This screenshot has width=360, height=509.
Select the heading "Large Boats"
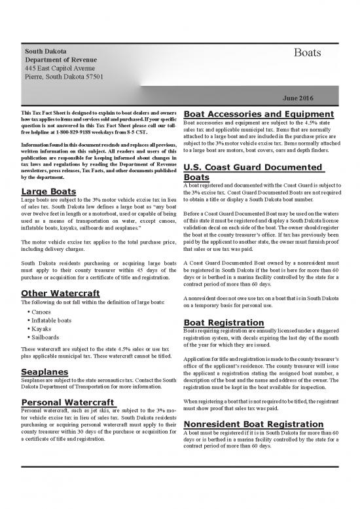point(48,191)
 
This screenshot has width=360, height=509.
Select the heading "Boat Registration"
point(230,322)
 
